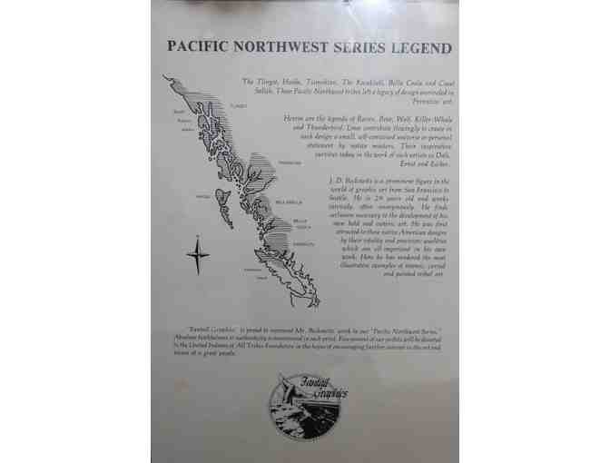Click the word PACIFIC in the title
[x=201, y=46]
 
